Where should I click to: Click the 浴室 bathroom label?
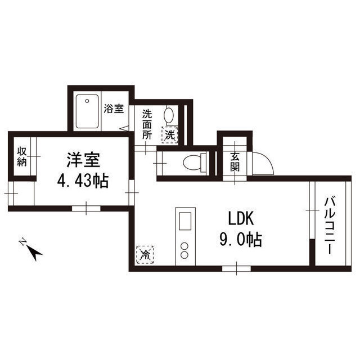pyautogui.click(x=114, y=109)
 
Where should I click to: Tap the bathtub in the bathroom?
pyautogui.click(x=87, y=111)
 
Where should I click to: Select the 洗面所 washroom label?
pyautogui.click(x=147, y=125)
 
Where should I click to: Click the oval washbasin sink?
pyautogui.click(x=169, y=115)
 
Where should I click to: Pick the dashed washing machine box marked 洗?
pyautogui.click(x=170, y=135)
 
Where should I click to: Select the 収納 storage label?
pyautogui.click(x=22, y=156)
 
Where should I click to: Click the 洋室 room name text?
pyautogui.click(x=83, y=160)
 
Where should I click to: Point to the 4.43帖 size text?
pyautogui.click(x=83, y=181)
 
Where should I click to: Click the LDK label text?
pyautogui.click(x=241, y=218)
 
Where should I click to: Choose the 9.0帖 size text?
pyautogui.click(x=241, y=239)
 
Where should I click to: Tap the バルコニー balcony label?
pyautogui.click(x=330, y=226)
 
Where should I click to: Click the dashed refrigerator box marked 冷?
pyautogui.click(x=145, y=255)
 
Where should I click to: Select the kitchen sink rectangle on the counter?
pyautogui.click(x=185, y=221)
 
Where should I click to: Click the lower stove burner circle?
pyautogui.click(x=184, y=255)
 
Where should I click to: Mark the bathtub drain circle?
pyautogui.click(x=87, y=101)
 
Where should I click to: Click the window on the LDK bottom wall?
pyautogui.click(x=236, y=269)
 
